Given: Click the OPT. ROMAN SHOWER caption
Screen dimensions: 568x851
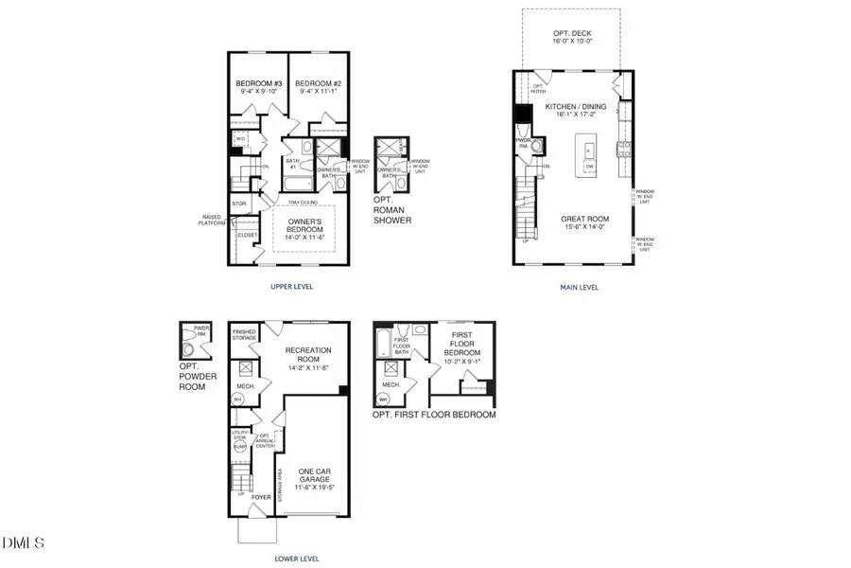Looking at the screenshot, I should point(392,210).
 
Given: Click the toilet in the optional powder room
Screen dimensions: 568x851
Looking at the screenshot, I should point(193,347).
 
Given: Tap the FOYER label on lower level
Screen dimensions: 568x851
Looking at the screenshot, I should point(260,495).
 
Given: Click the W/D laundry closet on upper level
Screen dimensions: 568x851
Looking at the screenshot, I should point(241,138).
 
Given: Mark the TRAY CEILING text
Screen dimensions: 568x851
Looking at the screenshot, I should point(304,201).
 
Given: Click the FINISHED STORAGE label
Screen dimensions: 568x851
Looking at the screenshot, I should point(244,335).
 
